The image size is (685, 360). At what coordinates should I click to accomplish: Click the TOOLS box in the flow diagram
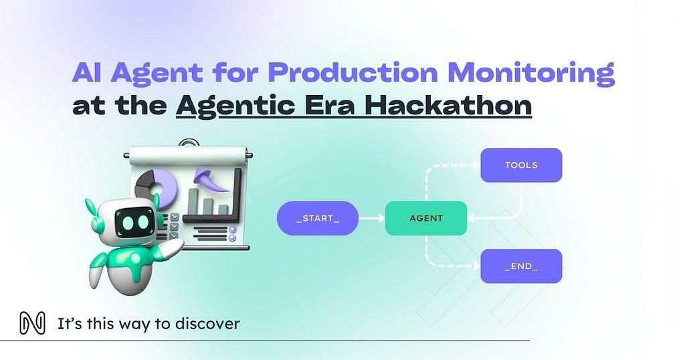[521, 165]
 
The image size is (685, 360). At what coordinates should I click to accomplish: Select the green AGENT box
[426, 218]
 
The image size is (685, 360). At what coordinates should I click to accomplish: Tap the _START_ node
[318, 218]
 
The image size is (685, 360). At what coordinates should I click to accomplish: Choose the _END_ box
[521, 266]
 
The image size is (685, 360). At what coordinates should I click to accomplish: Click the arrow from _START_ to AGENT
[372, 218]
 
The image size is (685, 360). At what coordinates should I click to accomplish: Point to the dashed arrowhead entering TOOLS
[476, 165]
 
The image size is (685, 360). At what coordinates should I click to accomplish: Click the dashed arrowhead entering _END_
[476, 266]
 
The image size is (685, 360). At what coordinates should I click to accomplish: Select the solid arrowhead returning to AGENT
[472, 218]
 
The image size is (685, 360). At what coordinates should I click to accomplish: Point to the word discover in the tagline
[207, 324]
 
